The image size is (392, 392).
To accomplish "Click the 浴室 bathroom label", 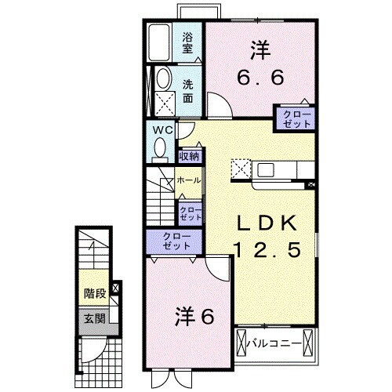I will pyautogui.click(x=188, y=42).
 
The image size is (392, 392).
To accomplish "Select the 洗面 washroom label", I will pyautogui.click(x=188, y=92).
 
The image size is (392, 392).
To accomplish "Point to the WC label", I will pyautogui.click(x=162, y=129).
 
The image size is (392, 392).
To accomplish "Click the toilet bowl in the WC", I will pyautogui.click(x=162, y=147).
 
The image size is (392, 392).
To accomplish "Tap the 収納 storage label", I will pyautogui.click(x=189, y=156).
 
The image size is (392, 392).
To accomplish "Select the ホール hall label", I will pyautogui.click(x=189, y=180).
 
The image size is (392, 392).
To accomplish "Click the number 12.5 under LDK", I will pyautogui.click(x=267, y=251).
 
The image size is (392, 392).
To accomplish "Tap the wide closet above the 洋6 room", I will pyautogui.click(x=172, y=241).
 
